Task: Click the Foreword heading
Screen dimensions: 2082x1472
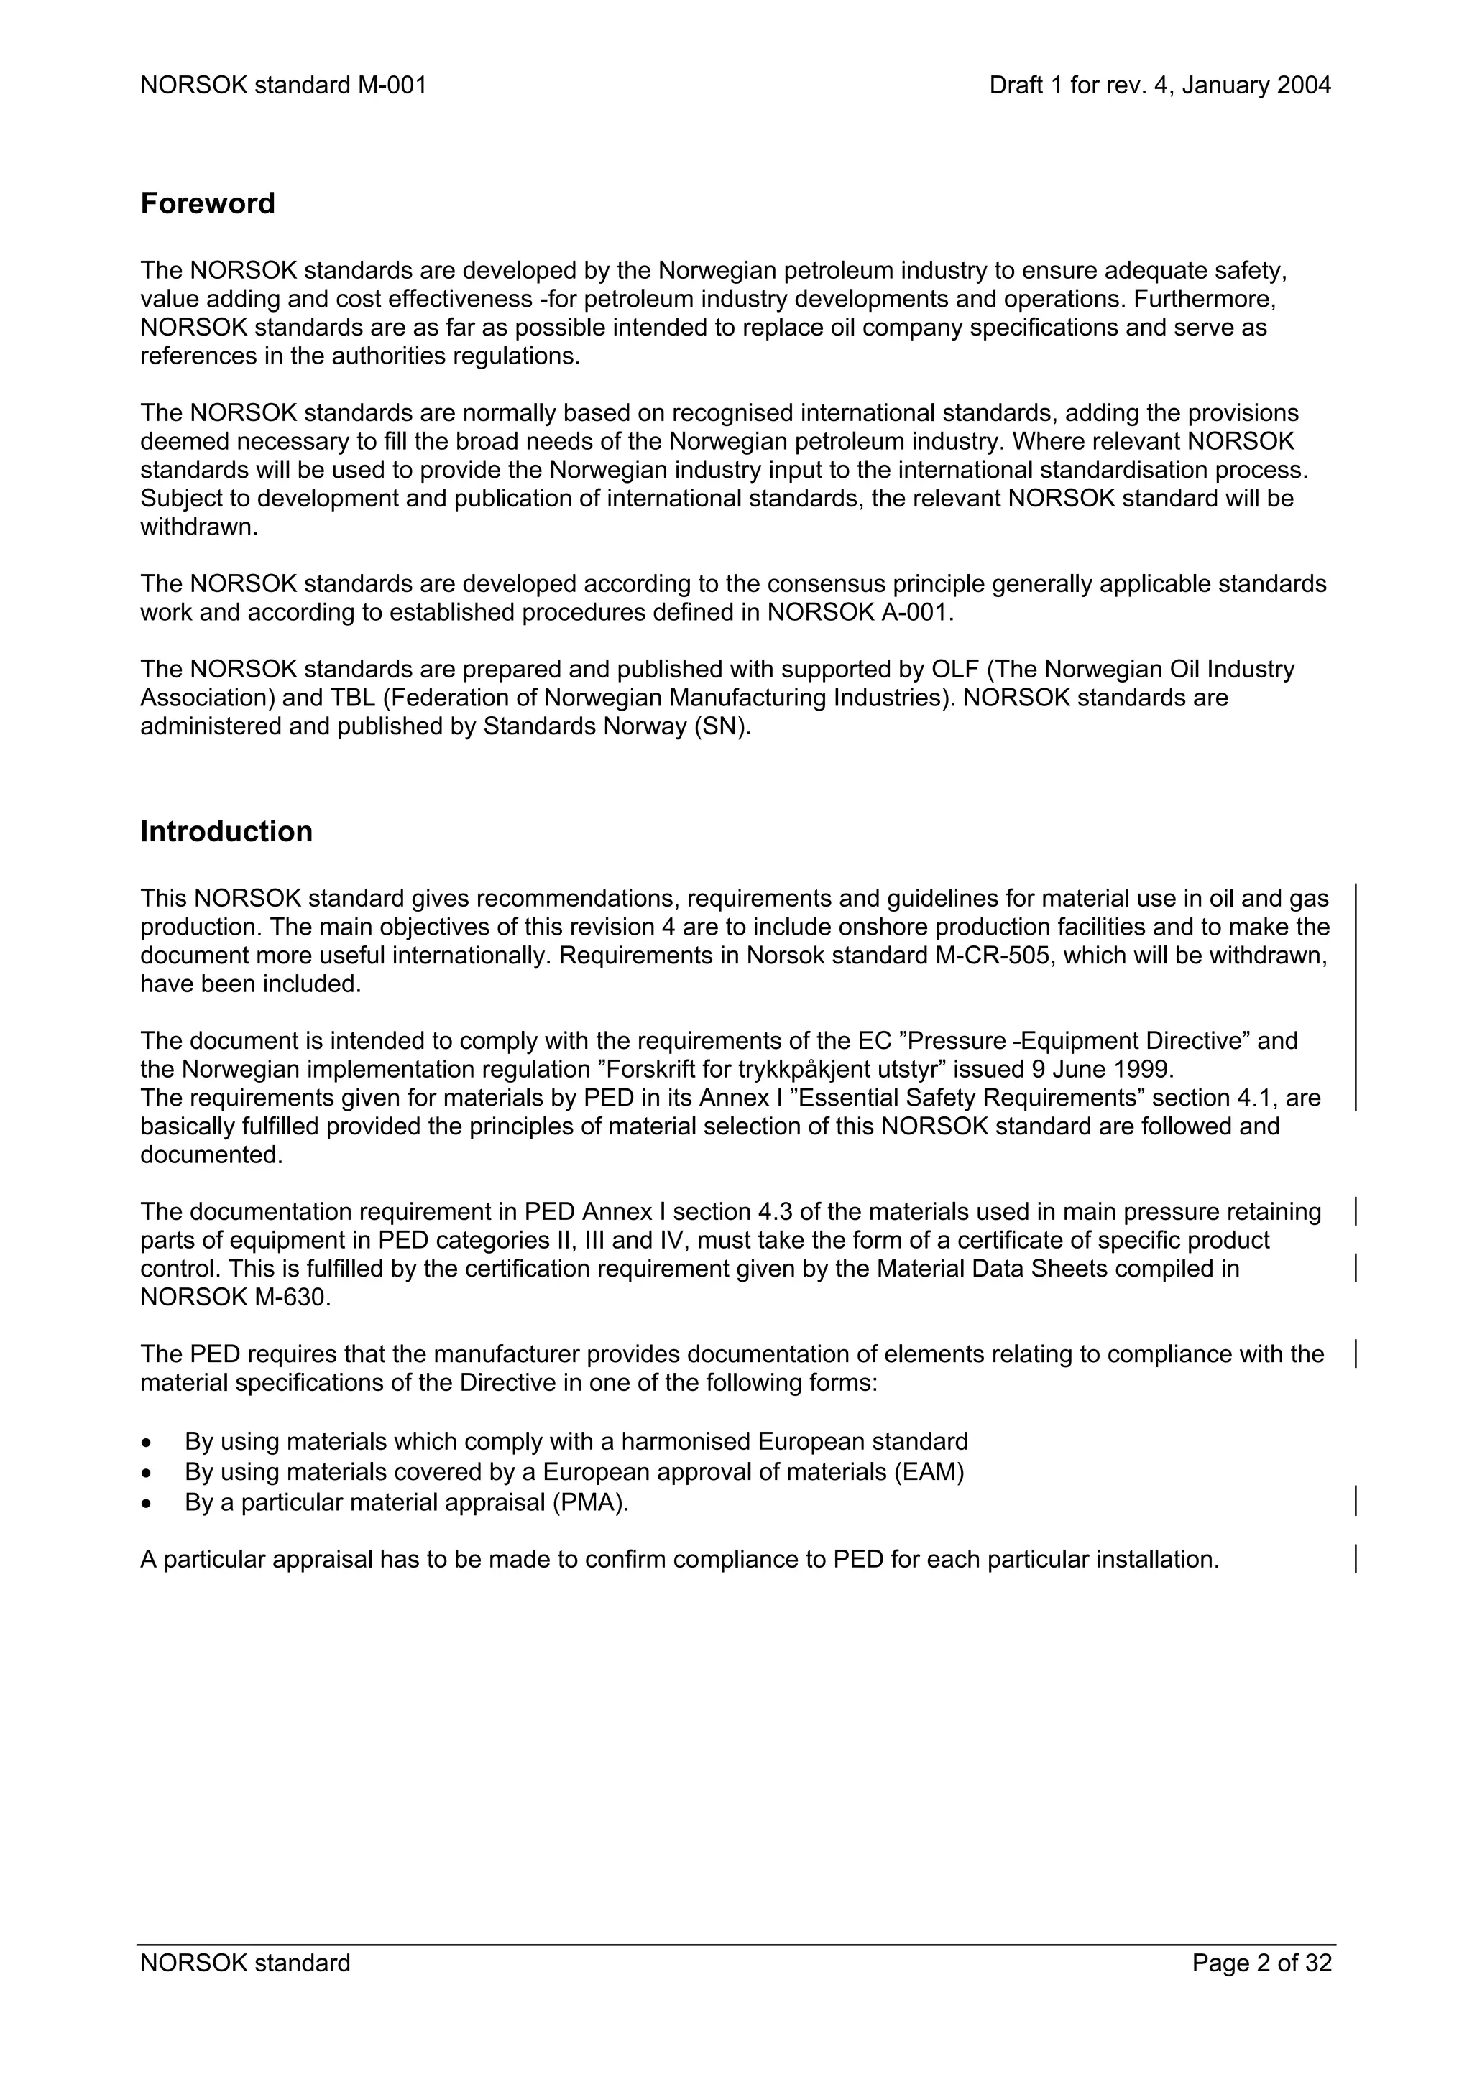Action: [207, 203]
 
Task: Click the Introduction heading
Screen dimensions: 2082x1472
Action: [226, 831]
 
